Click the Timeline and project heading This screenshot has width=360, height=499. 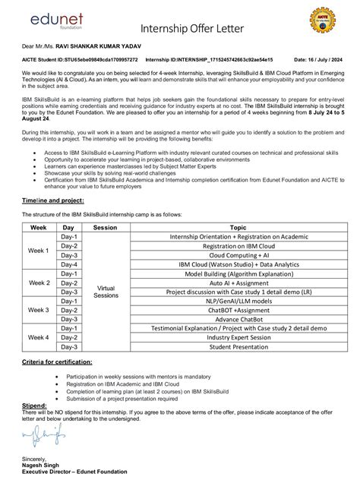[x=51, y=200]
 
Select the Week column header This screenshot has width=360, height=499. [x=38, y=227]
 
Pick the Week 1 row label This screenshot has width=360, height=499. [x=38, y=251]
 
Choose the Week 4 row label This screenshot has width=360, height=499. [x=38, y=337]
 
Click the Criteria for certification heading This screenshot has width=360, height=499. [x=57, y=362]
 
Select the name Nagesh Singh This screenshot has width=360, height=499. [x=43, y=465]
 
